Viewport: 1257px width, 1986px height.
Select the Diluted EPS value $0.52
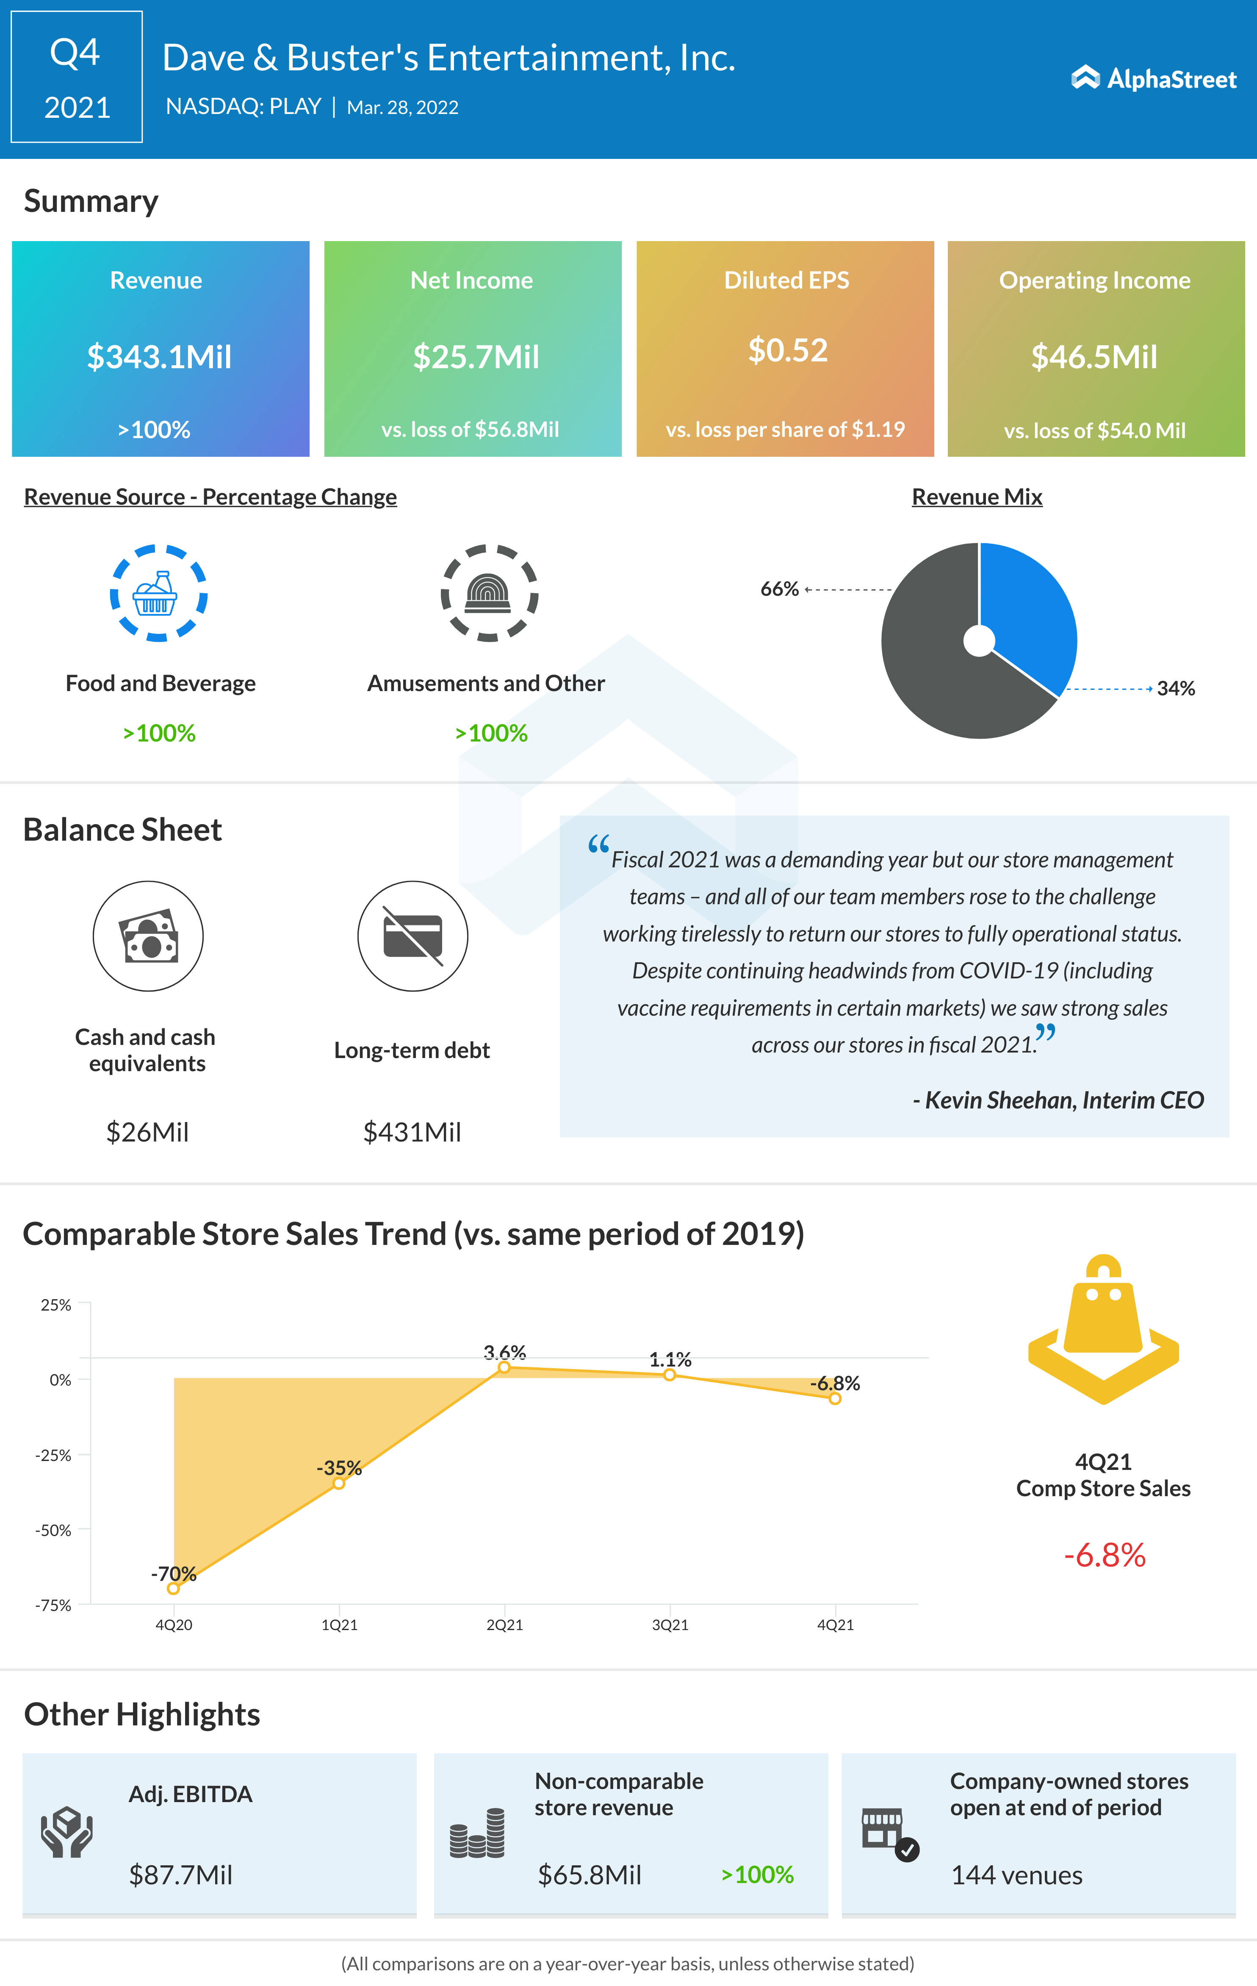point(787,350)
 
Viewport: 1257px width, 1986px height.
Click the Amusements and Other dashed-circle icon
point(489,593)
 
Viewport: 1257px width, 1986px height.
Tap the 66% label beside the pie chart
point(779,589)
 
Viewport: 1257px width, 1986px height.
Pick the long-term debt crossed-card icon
point(412,936)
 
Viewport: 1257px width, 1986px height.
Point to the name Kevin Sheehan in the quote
point(999,1100)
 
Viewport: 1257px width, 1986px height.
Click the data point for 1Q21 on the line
point(339,1484)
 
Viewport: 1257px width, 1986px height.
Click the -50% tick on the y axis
point(54,1530)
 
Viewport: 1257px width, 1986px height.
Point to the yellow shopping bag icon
point(1103,1328)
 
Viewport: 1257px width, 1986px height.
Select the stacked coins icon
point(477,1833)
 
